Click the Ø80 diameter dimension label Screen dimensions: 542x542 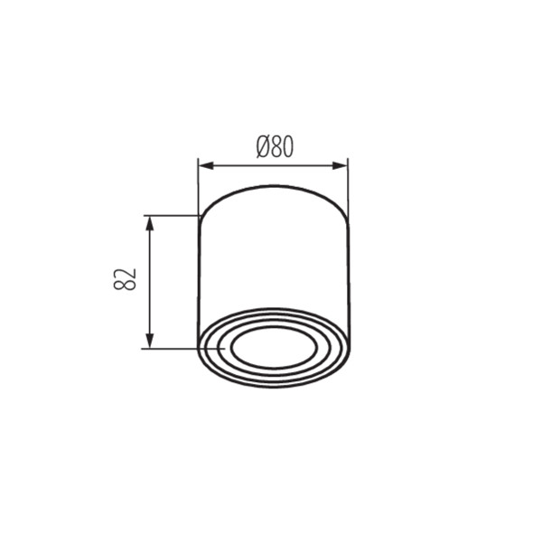(275, 146)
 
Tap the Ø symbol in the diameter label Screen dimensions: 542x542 (263, 146)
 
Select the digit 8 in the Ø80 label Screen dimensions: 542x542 (276, 146)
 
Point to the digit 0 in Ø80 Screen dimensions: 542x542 (288, 146)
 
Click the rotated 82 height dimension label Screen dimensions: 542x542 (125, 279)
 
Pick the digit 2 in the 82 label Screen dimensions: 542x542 (125, 274)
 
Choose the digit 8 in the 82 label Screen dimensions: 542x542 (125, 285)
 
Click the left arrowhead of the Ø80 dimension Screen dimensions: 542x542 (206, 166)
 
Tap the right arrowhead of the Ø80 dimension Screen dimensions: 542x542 (340, 166)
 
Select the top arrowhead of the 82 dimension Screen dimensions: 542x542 (149, 224)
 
